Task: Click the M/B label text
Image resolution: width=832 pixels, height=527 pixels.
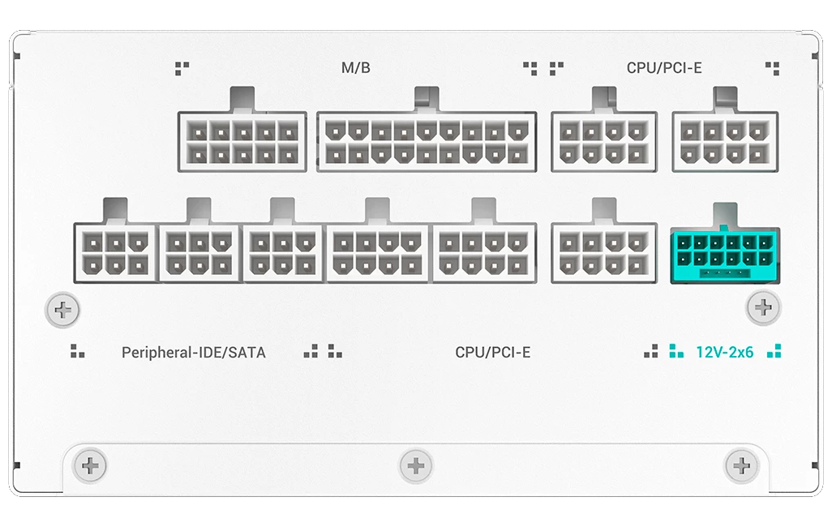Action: tap(355, 68)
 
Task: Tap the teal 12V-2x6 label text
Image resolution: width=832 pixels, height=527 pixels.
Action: tap(724, 352)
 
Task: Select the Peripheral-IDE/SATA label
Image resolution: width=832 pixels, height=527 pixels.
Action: tap(194, 353)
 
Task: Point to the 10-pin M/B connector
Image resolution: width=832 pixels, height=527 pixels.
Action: tap(242, 142)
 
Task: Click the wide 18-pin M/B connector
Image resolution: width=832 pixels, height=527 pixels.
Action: tap(427, 142)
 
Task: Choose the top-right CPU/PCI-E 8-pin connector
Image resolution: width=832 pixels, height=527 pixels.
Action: tap(725, 142)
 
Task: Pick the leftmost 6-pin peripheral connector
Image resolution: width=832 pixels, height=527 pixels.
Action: tap(116, 253)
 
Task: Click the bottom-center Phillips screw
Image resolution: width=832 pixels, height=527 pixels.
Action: tap(416, 466)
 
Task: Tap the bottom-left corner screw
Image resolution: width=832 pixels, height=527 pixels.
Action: tap(90, 466)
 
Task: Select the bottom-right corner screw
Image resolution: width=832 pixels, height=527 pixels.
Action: tap(741, 466)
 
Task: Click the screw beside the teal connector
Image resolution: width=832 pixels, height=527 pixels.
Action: tap(763, 307)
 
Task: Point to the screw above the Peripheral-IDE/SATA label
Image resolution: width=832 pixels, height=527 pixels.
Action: tap(62, 310)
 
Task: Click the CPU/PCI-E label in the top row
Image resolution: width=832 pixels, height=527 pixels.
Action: tap(664, 68)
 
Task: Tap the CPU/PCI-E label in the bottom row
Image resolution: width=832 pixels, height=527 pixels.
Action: tap(493, 353)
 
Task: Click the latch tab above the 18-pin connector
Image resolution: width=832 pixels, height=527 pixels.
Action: tap(427, 99)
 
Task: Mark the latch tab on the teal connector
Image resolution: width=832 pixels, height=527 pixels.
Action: tap(725, 215)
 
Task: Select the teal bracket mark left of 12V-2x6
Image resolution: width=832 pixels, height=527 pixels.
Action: tap(676, 351)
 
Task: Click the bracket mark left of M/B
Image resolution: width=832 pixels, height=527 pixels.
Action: tap(182, 68)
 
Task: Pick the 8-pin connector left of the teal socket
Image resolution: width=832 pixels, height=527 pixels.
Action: tap(604, 253)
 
